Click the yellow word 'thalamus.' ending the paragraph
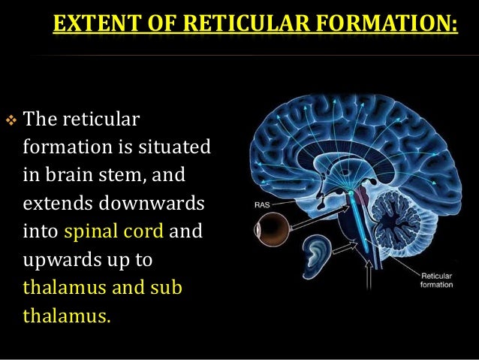[x=67, y=314]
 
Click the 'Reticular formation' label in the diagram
[x=438, y=280]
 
